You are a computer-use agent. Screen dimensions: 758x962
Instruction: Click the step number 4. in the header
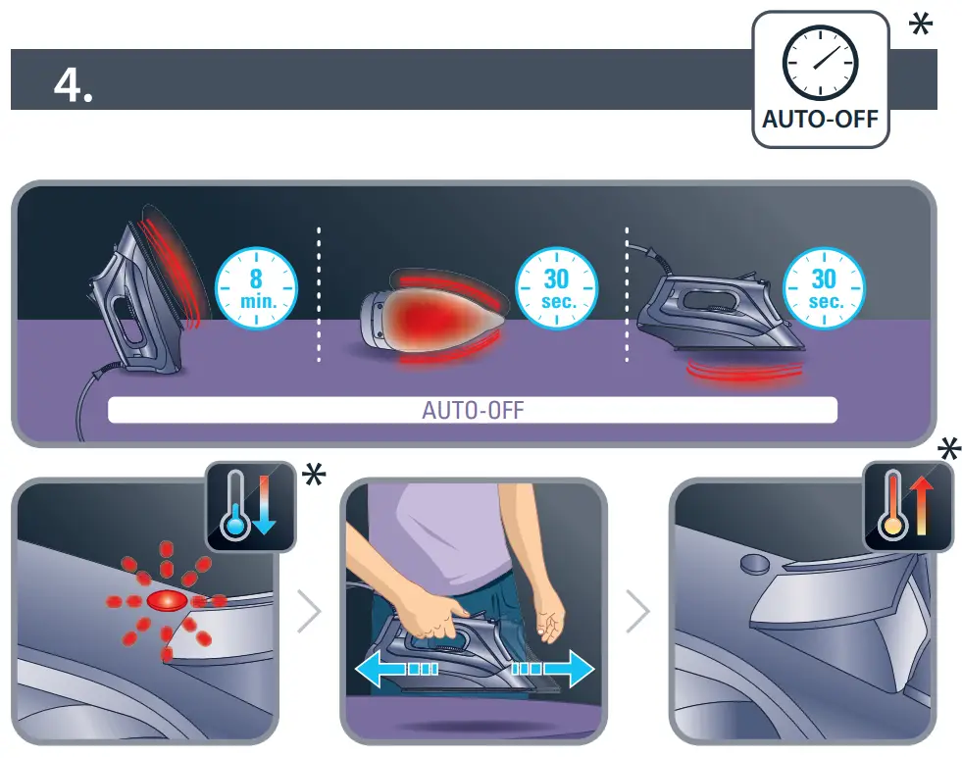coord(74,85)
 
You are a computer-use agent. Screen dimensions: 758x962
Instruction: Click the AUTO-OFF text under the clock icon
coord(820,124)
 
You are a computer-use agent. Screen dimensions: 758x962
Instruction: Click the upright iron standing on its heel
coord(147,284)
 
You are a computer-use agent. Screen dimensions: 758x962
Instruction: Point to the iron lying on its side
coord(431,319)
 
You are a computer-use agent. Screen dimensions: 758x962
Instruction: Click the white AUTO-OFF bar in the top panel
coord(472,410)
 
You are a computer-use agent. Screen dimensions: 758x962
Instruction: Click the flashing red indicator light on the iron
coord(166,600)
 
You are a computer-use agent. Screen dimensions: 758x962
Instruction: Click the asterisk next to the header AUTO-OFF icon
coord(920,25)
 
